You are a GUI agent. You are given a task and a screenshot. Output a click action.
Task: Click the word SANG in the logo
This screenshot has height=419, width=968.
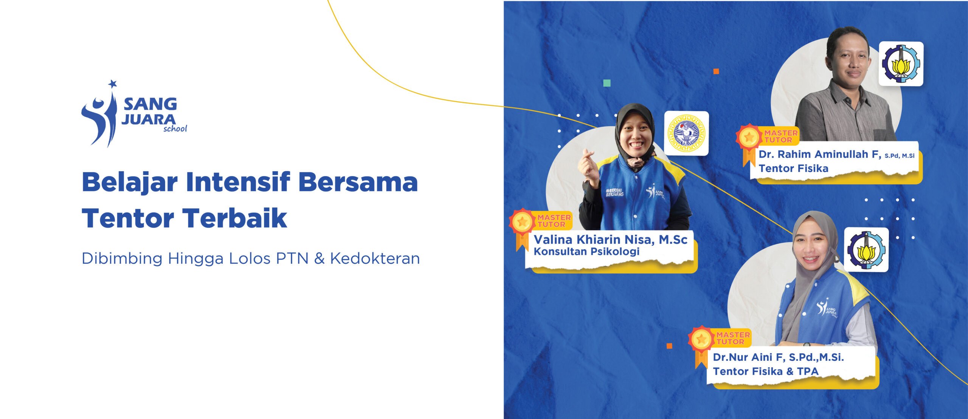pos(150,104)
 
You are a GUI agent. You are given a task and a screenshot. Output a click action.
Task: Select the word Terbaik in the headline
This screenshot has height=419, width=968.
pos(235,218)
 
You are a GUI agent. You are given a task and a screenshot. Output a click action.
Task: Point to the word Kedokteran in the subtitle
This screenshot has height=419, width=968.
pos(375,258)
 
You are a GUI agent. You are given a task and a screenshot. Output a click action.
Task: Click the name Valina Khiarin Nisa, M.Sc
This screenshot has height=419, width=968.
pos(610,240)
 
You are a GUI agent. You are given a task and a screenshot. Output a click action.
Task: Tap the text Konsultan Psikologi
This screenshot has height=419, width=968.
pos(586,252)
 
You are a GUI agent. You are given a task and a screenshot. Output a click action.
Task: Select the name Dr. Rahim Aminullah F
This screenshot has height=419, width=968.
pos(820,154)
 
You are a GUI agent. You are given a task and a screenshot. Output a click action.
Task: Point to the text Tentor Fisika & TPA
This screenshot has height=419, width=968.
pos(766,371)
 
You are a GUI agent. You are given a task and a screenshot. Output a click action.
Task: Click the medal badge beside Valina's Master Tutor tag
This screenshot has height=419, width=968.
pos(522,228)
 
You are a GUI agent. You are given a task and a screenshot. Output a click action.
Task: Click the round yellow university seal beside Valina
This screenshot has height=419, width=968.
pos(687,133)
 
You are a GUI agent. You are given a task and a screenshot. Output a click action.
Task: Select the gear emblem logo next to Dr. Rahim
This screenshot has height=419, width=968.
pos(901,63)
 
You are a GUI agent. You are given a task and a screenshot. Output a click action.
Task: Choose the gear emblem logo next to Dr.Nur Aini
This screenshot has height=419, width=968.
pos(866,249)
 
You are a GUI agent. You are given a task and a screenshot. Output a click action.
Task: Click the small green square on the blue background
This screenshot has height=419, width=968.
pos(607,83)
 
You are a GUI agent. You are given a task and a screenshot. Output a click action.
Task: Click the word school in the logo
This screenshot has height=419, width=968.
pos(175,128)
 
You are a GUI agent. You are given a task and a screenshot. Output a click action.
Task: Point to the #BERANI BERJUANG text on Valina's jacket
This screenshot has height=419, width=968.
pos(615,192)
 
